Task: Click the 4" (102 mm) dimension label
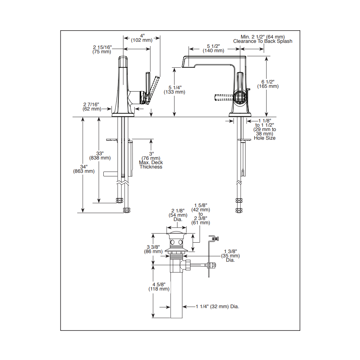141,38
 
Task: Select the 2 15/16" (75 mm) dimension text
102,49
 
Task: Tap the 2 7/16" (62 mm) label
92,107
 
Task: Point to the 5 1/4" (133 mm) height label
175,90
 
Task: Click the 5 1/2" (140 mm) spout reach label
213,49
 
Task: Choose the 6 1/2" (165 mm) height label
268,84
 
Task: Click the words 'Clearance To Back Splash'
263,41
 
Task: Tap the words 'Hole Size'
265,138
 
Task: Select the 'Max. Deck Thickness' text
151,165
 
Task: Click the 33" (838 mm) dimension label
100,156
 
